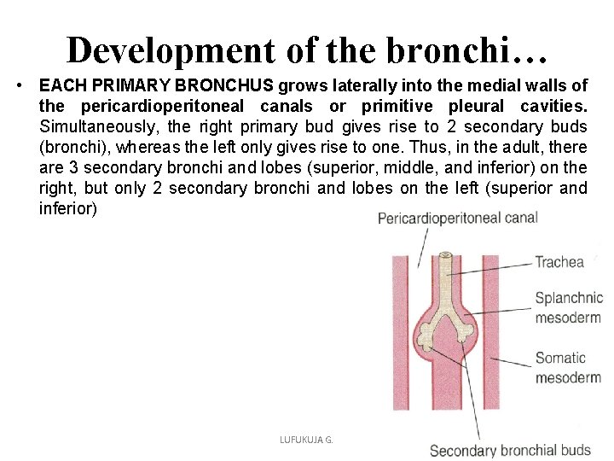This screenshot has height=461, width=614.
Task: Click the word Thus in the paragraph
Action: pos(443,147)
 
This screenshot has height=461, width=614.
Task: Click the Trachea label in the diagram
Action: pos(560,262)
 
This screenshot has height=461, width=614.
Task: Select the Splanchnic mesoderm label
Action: pos(568,308)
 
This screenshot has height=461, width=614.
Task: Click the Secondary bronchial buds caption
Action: pos(510,450)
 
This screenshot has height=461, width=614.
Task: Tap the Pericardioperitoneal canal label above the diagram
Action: pos(457,219)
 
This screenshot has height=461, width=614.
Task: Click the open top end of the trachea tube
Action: pos(444,255)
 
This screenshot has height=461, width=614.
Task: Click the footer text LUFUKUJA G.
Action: pos(305,439)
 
